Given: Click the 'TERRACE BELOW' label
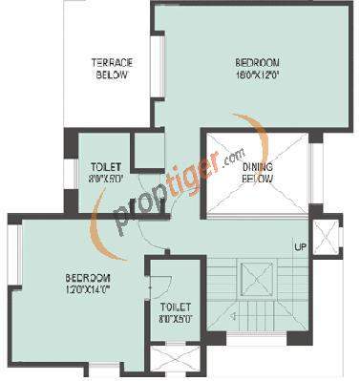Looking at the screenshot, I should pyautogui.click(x=112, y=70).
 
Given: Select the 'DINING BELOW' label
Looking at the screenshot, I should pyautogui.click(x=258, y=173).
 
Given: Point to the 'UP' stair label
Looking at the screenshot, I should pyautogui.click(x=300, y=247).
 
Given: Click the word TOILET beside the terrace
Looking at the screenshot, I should pyautogui.click(x=104, y=166).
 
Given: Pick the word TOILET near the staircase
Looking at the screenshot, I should pyautogui.click(x=175, y=307).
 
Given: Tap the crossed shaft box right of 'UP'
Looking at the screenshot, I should pyautogui.click(x=327, y=235).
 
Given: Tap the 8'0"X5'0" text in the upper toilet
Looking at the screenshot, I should pyautogui.click(x=104, y=178).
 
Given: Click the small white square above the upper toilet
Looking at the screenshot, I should pyautogui.click(x=146, y=152).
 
